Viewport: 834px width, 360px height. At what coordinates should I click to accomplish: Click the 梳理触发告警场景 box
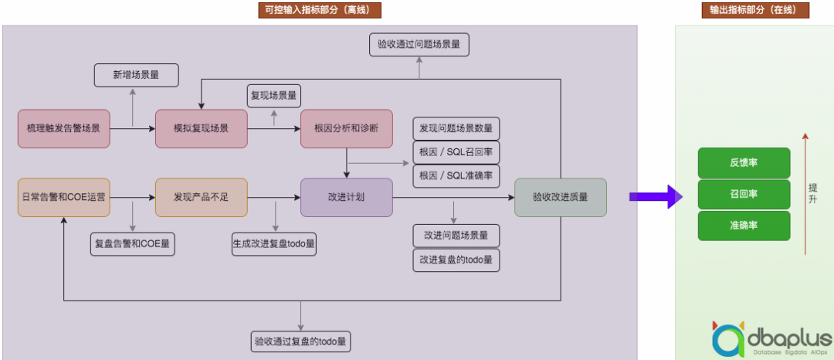(63, 128)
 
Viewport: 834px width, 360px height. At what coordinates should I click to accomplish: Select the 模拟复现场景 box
(201, 128)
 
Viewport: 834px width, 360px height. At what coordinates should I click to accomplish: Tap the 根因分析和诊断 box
(347, 128)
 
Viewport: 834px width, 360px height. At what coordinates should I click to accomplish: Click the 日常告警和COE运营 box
(63, 197)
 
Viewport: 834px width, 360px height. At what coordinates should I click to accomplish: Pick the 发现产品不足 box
(201, 197)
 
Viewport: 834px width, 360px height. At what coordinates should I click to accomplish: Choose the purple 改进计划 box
(347, 197)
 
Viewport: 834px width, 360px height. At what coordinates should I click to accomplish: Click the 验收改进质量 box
(560, 197)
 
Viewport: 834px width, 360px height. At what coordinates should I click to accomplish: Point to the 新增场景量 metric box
(136, 75)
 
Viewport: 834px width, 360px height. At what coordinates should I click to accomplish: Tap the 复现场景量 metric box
(274, 96)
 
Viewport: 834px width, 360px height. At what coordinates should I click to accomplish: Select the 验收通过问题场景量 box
(419, 45)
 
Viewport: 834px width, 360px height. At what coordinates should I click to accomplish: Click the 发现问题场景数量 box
(456, 128)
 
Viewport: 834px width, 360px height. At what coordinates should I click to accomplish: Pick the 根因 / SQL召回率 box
(456, 152)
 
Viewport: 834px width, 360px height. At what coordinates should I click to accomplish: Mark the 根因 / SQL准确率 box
(456, 176)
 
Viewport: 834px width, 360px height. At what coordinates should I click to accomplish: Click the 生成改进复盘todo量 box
(274, 244)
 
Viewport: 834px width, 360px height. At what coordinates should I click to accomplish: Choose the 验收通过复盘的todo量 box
(300, 341)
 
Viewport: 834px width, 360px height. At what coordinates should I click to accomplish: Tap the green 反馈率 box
(744, 163)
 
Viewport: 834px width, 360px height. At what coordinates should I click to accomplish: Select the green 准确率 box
(744, 226)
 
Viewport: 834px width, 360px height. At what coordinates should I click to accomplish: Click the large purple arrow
(655, 197)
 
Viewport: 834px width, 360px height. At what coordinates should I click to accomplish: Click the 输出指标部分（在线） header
(754, 10)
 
